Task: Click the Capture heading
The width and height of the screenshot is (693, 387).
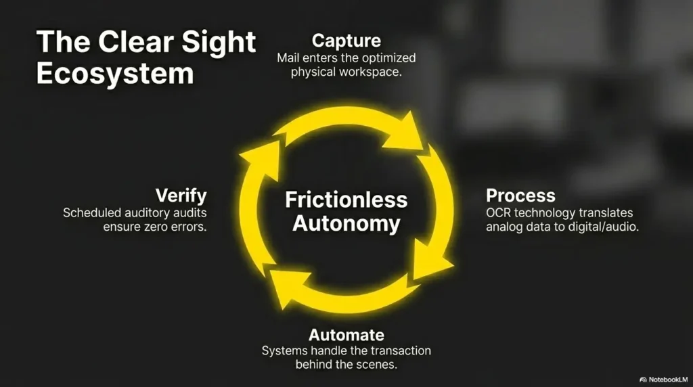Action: [346, 41]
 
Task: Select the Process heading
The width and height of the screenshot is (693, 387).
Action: [520, 196]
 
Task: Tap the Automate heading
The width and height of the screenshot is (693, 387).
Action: [346, 335]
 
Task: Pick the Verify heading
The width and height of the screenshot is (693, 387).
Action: [181, 196]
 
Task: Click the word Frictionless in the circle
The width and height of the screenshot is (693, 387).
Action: [346, 200]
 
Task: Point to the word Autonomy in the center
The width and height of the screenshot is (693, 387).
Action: [346, 223]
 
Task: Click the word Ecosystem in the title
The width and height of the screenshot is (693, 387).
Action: [115, 74]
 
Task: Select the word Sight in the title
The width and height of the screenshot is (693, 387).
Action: [219, 43]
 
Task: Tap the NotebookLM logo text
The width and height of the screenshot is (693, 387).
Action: [668, 380]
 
